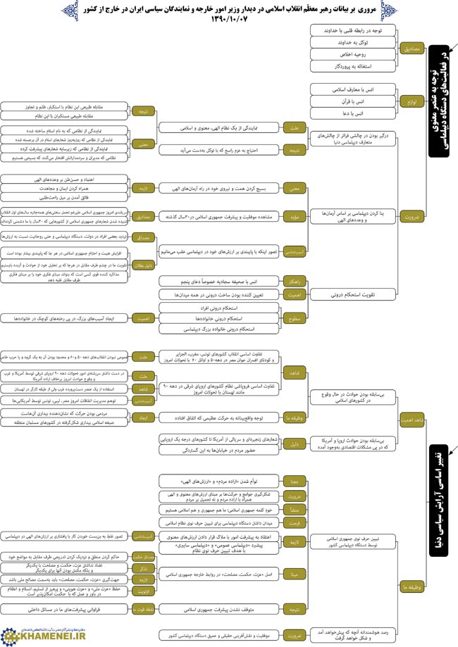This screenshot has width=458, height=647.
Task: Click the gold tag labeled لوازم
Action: pos(410,101)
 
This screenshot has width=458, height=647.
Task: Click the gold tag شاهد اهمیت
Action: pos(410,420)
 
